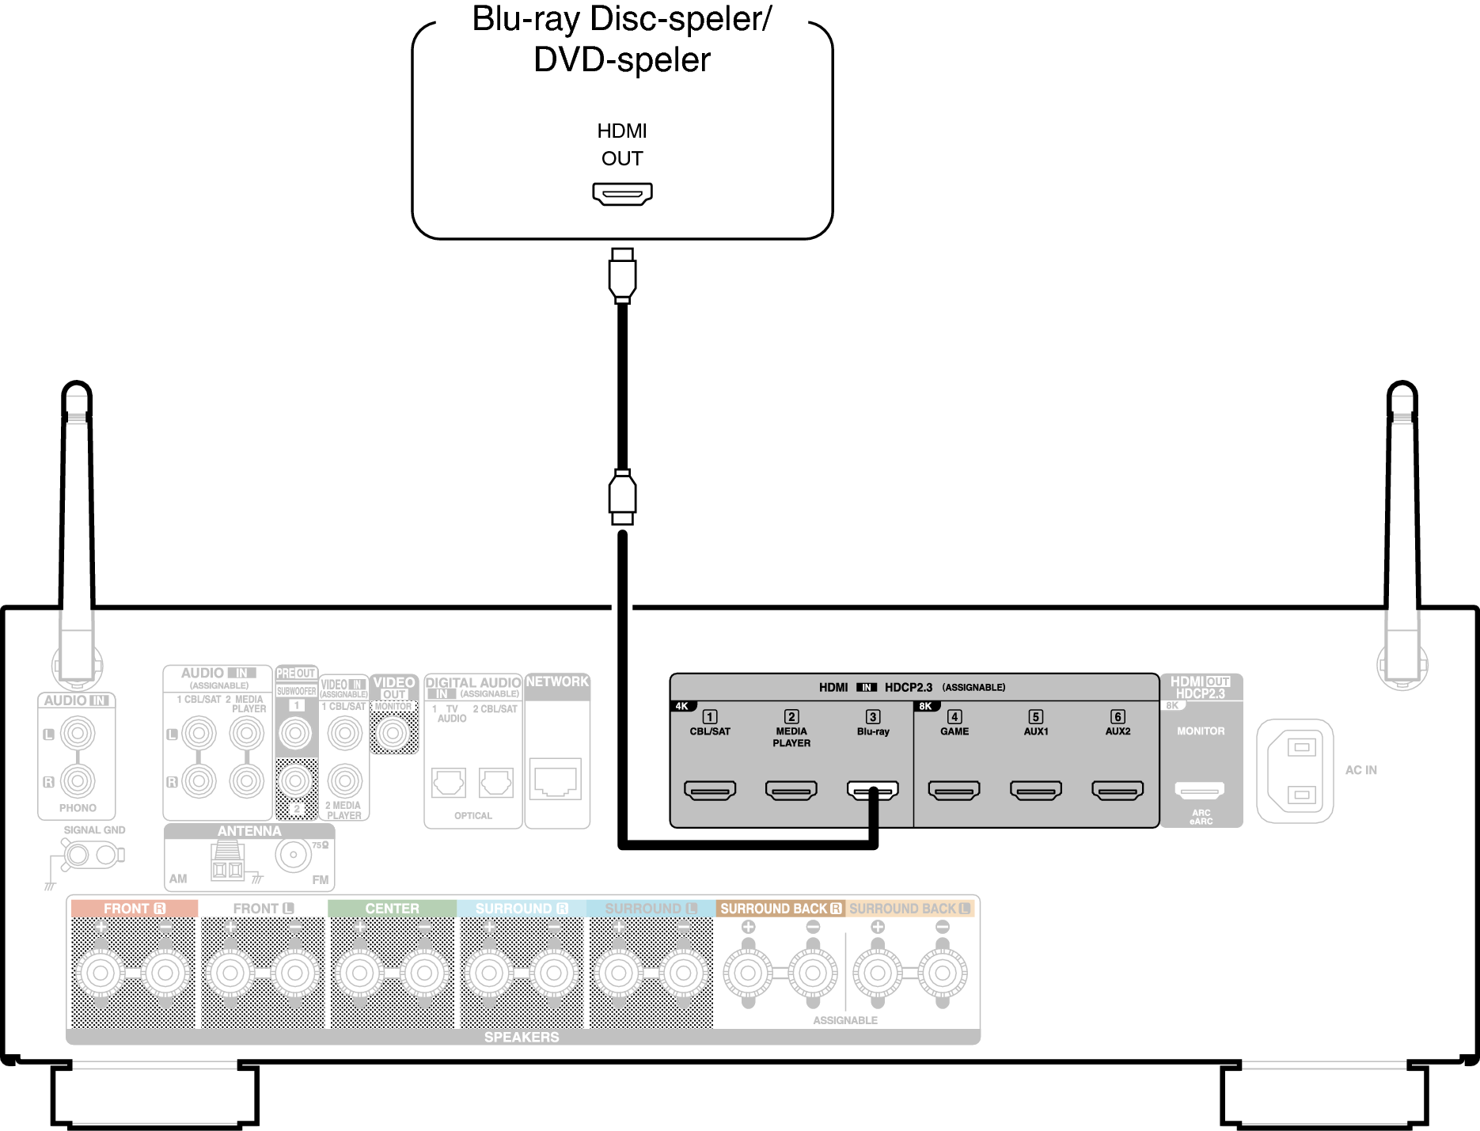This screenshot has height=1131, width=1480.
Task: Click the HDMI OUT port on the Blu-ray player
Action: [622, 193]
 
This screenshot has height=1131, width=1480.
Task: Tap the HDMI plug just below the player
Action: [622, 275]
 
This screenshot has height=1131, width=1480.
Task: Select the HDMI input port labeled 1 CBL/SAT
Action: [709, 790]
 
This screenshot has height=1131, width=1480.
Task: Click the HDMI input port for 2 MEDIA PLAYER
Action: [791, 790]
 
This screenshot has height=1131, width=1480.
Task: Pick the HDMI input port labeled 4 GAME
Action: [954, 790]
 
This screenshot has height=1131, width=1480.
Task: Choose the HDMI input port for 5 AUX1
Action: [1035, 790]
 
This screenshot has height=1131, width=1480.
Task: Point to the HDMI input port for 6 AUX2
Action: [1117, 790]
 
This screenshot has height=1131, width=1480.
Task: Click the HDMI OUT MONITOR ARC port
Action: [1200, 789]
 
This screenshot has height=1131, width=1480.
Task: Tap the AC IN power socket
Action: [1295, 770]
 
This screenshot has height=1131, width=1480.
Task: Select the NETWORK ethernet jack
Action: [556, 780]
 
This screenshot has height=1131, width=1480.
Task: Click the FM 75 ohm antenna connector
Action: [294, 855]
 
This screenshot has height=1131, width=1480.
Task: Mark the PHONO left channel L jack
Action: [78, 734]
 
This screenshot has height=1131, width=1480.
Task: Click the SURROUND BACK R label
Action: [780, 909]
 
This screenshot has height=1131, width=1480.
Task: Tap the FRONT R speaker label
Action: [134, 909]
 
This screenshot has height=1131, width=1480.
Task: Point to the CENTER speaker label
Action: [392, 909]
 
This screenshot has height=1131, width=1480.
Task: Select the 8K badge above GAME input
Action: [925, 706]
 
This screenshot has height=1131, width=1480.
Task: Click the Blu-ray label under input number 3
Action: [873, 731]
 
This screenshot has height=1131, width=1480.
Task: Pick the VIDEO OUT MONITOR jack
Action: [393, 734]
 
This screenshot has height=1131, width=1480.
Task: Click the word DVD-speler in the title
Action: [622, 60]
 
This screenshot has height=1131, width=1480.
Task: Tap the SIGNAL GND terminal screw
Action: [78, 855]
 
